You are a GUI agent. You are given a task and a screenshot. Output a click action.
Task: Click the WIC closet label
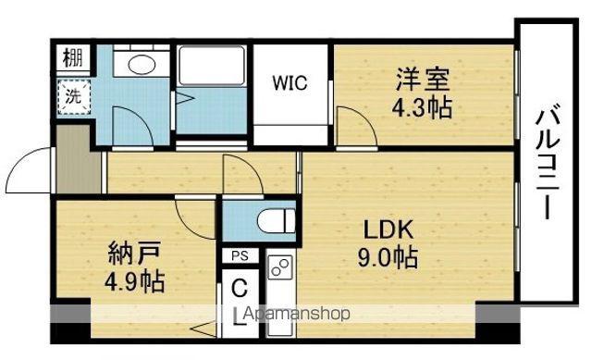pos(290,83)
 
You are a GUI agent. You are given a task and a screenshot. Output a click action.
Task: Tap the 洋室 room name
pos(422,79)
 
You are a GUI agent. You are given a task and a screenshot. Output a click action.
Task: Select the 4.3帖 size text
pos(422,107)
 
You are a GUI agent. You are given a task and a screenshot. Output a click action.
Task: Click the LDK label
pos(388,229)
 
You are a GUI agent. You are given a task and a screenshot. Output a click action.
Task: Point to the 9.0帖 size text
pos(388,257)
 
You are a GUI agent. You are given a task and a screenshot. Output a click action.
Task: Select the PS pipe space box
pos(240,256)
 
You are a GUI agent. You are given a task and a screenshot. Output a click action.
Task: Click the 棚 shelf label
pos(73,57)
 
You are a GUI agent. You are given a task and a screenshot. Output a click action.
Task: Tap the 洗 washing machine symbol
pos(74,96)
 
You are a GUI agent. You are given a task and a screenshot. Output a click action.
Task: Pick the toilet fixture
pos(277,220)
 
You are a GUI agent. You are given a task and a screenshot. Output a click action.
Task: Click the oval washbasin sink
pos(142,64)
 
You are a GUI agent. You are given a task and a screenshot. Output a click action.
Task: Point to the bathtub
pos(212,66)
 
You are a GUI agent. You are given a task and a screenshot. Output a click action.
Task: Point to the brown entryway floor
pos(77,159)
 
